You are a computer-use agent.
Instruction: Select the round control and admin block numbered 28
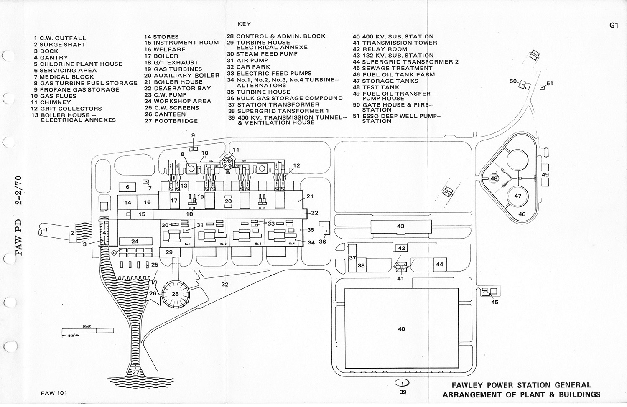point(175,294)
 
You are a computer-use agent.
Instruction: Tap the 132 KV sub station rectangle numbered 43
point(400,226)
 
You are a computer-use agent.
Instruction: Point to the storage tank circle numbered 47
point(517,196)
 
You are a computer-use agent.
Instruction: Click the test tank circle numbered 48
point(494,178)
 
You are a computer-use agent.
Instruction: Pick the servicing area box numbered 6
point(127,188)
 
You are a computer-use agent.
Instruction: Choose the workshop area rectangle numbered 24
point(135,241)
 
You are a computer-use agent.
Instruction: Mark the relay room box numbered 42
point(401,248)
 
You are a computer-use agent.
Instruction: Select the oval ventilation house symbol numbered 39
point(403,382)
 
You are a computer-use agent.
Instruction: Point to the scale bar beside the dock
point(87,330)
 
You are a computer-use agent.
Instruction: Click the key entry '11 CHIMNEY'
point(52,102)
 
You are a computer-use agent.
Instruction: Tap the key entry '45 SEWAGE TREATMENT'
point(393,68)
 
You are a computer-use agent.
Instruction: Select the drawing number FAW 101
point(54,393)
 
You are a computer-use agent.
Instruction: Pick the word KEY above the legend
point(244,24)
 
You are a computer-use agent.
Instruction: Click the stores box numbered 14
point(127,203)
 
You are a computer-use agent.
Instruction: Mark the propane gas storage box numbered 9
point(193,148)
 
